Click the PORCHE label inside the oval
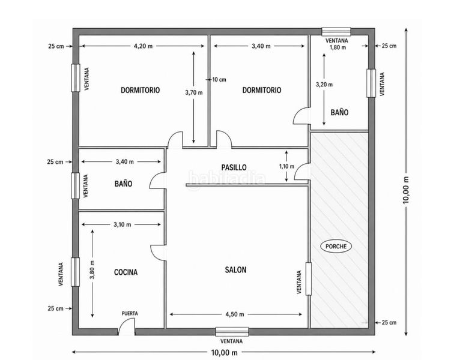tap(336, 246)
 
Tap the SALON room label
tap(235, 270)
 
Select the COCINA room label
tap(126, 272)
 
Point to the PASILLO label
tap(234, 167)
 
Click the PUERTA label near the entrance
tap(130, 313)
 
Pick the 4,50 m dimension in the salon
tap(235, 314)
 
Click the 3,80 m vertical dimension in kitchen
tap(92, 270)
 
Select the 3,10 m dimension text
tap(122, 224)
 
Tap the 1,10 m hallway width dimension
tap(286, 166)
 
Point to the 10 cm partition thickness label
tap(219, 80)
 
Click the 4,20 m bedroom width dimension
tap(143, 46)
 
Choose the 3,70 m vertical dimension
tap(194, 92)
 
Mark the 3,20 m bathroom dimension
tap(324, 85)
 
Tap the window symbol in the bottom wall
tap(232, 332)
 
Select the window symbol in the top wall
tap(336, 32)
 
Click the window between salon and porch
tap(308, 278)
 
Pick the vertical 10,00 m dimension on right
tap(406, 190)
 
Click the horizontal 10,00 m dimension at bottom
tap(225, 352)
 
